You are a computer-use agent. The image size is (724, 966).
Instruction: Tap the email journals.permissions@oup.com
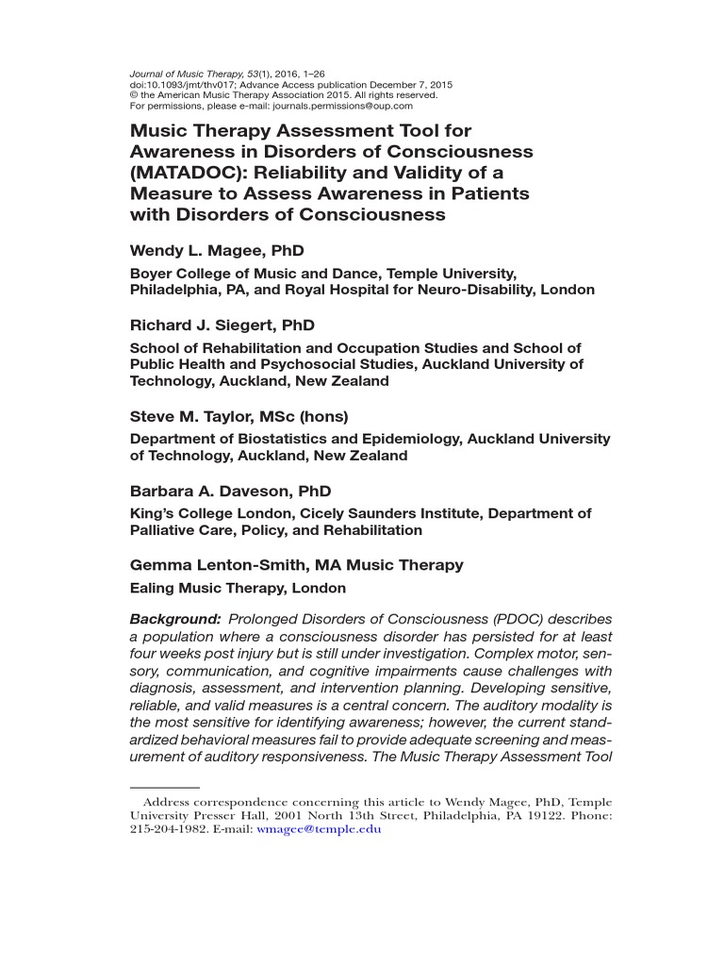[x=342, y=106]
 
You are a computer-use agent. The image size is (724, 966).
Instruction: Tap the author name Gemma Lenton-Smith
[x=216, y=565]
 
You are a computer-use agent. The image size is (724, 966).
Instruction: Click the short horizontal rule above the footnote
[x=164, y=786]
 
